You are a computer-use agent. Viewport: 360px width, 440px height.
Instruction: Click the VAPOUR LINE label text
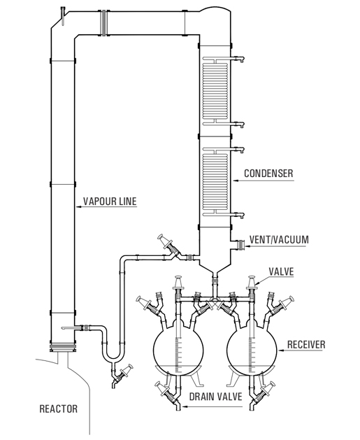pos(110,201)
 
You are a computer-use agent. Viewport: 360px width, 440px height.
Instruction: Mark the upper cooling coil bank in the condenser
pos(215,90)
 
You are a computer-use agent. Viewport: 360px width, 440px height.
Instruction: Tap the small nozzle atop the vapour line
pos(64,13)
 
